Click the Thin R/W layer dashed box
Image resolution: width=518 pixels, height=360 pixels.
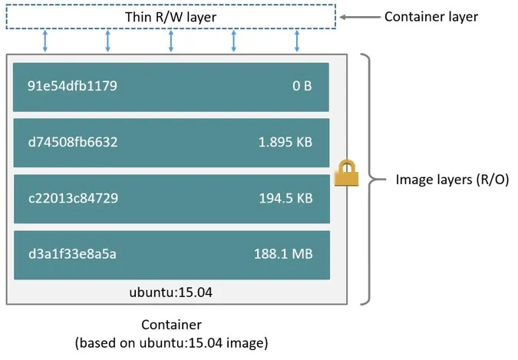pos(170,17)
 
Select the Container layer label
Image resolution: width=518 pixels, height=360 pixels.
pos(431,16)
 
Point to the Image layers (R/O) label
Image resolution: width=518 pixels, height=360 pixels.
pos(452,180)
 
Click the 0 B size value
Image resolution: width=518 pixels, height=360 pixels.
pos(302,86)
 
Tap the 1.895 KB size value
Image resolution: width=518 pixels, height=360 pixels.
pos(285,142)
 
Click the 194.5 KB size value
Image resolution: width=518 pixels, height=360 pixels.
pos(285,198)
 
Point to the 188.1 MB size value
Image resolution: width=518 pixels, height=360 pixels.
pos(282,254)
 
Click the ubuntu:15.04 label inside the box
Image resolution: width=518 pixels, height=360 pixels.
pos(171,292)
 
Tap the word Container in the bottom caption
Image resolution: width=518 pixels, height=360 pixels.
pos(171,325)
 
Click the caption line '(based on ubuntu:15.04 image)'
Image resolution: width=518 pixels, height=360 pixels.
pos(171,343)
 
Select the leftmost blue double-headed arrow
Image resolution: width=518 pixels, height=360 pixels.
pos(45,41)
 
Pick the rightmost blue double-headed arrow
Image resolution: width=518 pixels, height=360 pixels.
pos(297,41)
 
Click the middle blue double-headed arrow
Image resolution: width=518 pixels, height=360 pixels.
pos(170,41)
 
